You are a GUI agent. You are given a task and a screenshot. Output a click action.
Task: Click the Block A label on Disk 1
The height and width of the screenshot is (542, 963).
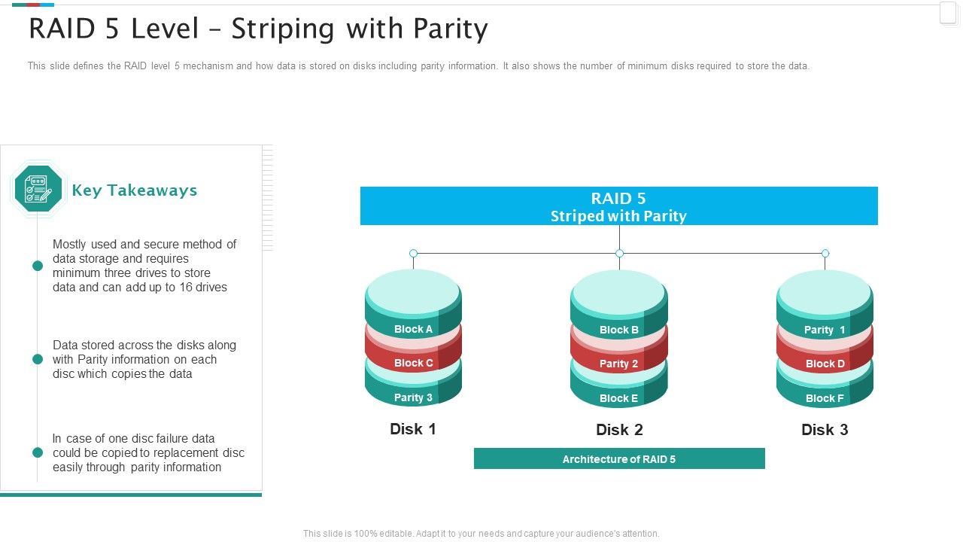pos(413,329)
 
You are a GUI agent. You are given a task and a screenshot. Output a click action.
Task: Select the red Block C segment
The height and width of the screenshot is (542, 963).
pos(413,363)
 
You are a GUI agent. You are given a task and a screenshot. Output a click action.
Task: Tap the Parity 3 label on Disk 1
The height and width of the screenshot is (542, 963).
pos(413,397)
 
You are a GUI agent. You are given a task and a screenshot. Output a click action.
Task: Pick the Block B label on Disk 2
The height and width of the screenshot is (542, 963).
pos(619,330)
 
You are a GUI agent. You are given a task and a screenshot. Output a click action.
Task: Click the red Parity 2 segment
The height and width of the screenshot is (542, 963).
pos(618,364)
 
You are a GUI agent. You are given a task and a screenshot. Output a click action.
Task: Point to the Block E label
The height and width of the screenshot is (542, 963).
pos(618,398)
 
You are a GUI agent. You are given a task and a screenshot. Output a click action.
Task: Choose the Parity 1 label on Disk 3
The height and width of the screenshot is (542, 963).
pos(825,330)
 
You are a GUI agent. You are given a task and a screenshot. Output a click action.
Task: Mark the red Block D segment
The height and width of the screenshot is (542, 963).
pos(825,364)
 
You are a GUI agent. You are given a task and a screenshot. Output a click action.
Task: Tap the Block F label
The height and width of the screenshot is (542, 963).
pos(825,398)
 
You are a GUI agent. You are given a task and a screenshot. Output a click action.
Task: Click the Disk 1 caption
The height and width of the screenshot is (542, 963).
pos(413,429)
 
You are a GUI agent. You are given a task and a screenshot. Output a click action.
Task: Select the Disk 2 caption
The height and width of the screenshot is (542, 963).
pos(619,430)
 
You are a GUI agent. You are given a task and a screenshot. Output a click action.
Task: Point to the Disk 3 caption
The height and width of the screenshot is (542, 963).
pos(825,430)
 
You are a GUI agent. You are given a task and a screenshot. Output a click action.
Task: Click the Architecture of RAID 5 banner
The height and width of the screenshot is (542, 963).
pos(619,459)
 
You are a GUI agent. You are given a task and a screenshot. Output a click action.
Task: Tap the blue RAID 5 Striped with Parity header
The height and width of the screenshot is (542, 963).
pos(618,206)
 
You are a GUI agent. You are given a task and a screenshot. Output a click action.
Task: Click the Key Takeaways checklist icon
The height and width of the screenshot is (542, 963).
pos(38,189)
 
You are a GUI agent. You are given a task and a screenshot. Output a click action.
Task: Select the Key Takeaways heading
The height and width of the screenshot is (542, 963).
pos(135,190)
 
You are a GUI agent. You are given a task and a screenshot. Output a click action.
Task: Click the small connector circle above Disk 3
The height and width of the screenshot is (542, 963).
pos(825,254)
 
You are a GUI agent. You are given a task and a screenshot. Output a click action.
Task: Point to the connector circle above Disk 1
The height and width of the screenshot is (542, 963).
pos(413,254)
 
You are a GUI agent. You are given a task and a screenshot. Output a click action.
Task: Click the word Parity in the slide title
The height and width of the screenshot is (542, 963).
pos(451,29)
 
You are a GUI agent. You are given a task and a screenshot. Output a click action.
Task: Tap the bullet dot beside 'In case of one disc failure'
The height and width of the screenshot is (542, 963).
pos(38,452)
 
